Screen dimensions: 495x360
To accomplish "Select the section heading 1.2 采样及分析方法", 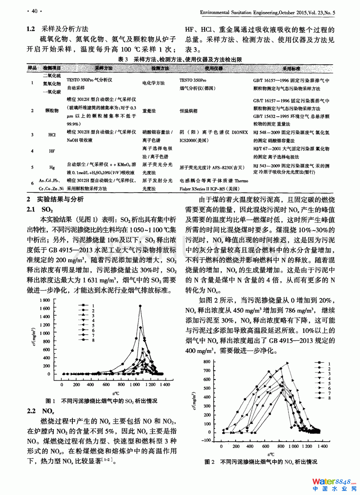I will coord(58,29).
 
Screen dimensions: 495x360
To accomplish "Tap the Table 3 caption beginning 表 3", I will coord(180,59).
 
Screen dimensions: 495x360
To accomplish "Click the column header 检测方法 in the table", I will coord(160,68).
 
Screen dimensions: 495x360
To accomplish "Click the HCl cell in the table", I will coord(52,135).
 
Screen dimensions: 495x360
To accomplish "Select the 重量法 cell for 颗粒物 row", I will coord(149,111).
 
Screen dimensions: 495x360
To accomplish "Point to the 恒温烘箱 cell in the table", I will coord(189,111).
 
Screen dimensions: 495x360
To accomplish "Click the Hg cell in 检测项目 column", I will coord(52,167).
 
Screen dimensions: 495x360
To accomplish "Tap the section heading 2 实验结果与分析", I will coord(55,199).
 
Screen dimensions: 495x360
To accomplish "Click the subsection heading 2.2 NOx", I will coord(41,411).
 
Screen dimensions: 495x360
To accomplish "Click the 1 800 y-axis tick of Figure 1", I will coord(45,300).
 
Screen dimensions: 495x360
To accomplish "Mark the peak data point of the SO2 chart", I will coord(140,306).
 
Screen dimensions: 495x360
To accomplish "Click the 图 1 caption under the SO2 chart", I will coord(101,401).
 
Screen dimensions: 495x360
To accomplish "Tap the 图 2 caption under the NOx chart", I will coord(261,462).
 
